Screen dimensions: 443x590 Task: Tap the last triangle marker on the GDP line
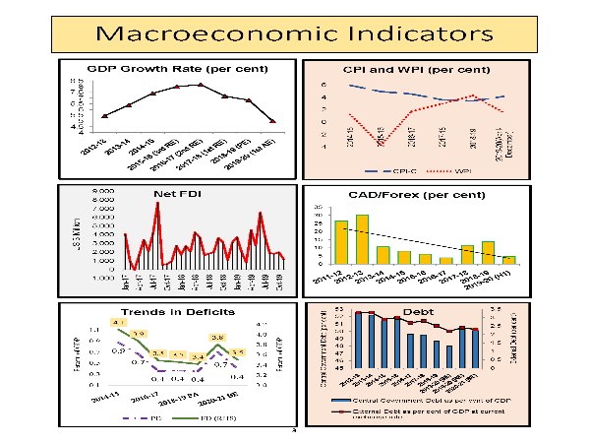[x=272, y=121]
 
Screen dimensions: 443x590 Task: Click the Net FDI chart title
[x=173, y=194]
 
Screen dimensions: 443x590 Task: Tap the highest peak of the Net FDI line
[x=157, y=204]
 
